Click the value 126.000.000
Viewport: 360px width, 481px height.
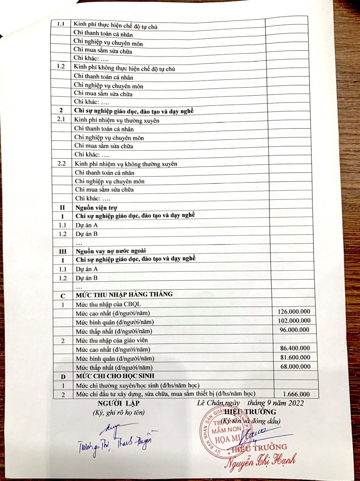pos(294,311)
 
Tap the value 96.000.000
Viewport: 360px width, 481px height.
pos(295,330)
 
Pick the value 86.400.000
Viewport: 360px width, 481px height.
pos(295,348)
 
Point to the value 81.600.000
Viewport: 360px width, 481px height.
pos(295,357)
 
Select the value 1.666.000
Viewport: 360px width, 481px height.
pos(296,394)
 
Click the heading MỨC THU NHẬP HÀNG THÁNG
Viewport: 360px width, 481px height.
pos(124,294)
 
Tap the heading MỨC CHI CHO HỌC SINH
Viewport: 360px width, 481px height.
pos(115,376)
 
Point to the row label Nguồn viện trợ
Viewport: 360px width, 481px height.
pos(96,208)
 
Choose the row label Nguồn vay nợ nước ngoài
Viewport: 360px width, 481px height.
pos(111,251)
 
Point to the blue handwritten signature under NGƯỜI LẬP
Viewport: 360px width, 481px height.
pos(117,441)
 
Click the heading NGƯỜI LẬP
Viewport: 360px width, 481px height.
pos(113,403)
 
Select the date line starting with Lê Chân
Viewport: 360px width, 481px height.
pos(250,403)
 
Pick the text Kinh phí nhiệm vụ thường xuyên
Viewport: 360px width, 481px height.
pos(117,120)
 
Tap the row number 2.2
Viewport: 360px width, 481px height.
pos(61,164)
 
